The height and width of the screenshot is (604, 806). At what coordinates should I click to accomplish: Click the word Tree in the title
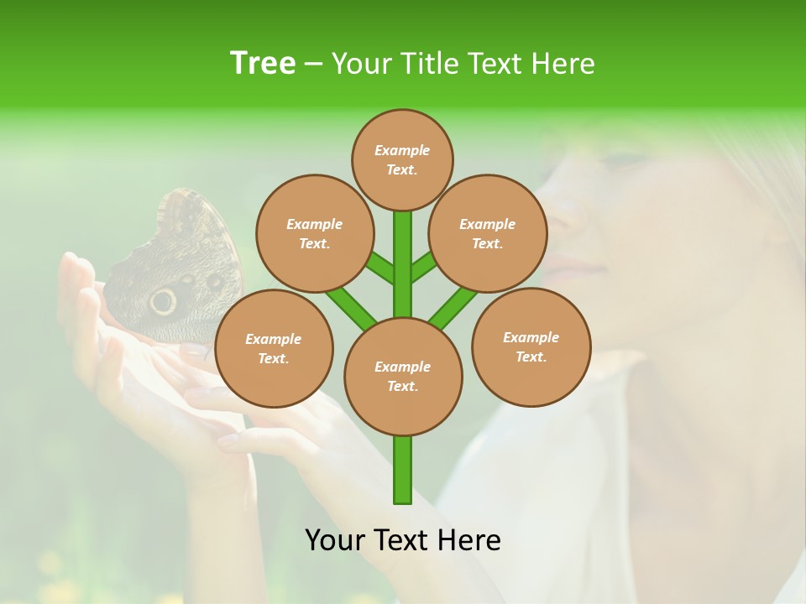coord(263,63)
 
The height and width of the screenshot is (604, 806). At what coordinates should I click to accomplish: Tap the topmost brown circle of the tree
coord(402,159)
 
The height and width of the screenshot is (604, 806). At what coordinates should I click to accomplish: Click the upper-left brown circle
coord(314,233)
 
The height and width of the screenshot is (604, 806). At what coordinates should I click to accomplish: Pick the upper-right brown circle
coord(487,233)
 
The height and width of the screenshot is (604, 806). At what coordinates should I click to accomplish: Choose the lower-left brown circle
coord(273,348)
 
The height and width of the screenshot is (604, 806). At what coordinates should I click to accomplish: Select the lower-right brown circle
coord(531,346)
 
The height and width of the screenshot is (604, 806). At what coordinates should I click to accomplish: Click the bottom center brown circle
coord(402,376)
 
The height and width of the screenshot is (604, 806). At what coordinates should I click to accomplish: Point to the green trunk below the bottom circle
coord(402,470)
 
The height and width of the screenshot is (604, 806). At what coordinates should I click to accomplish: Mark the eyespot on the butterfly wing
coord(163,300)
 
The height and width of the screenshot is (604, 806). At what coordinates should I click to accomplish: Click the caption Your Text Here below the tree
coord(402,540)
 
